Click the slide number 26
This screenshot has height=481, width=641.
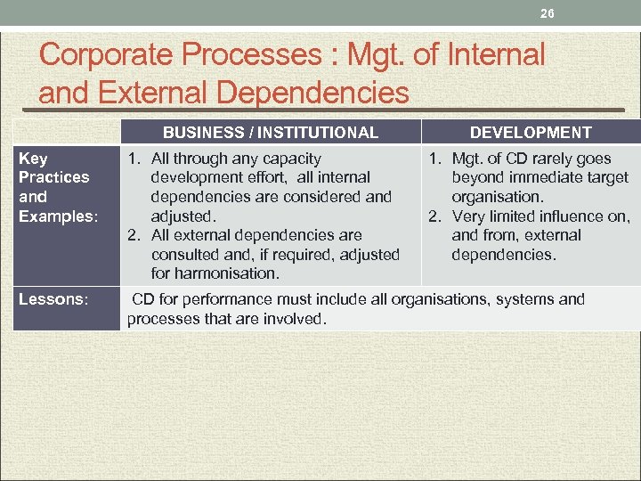click(x=547, y=14)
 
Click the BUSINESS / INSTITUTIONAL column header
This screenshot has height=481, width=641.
click(x=270, y=133)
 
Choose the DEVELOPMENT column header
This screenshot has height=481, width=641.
click(x=531, y=133)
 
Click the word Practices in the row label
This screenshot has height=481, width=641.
click(x=53, y=177)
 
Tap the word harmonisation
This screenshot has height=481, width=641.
click(x=228, y=273)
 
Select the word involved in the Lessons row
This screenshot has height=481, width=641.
click(x=298, y=319)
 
